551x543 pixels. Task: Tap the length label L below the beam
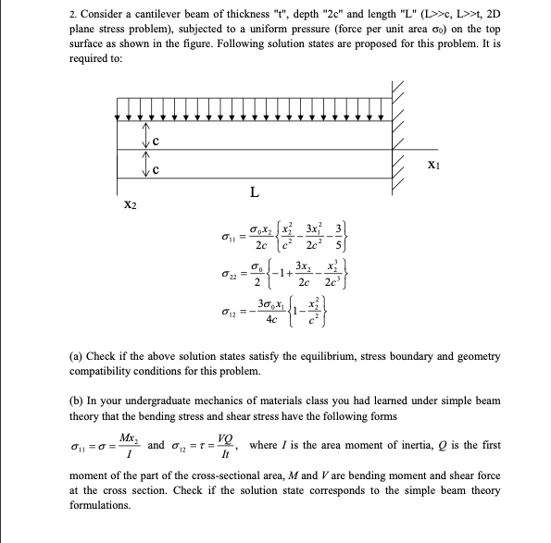click(254, 192)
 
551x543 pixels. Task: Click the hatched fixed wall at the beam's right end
click(400, 139)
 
